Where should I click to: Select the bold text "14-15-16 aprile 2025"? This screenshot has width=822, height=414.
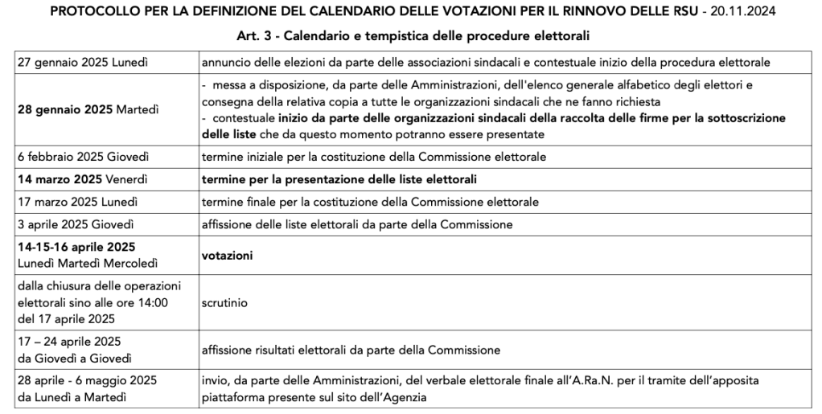pyautogui.click(x=76, y=247)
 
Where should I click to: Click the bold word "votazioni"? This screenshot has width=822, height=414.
pyautogui.click(x=228, y=256)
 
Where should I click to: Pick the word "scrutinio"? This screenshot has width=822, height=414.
pyautogui.click(x=226, y=304)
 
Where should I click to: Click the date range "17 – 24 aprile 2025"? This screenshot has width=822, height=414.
pyautogui.click(x=68, y=342)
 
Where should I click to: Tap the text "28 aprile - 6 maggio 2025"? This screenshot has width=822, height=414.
pyautogui.click(x=86, y=380)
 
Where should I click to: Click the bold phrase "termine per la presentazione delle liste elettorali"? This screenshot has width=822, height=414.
pyautogui.click(x=344, y=178)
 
